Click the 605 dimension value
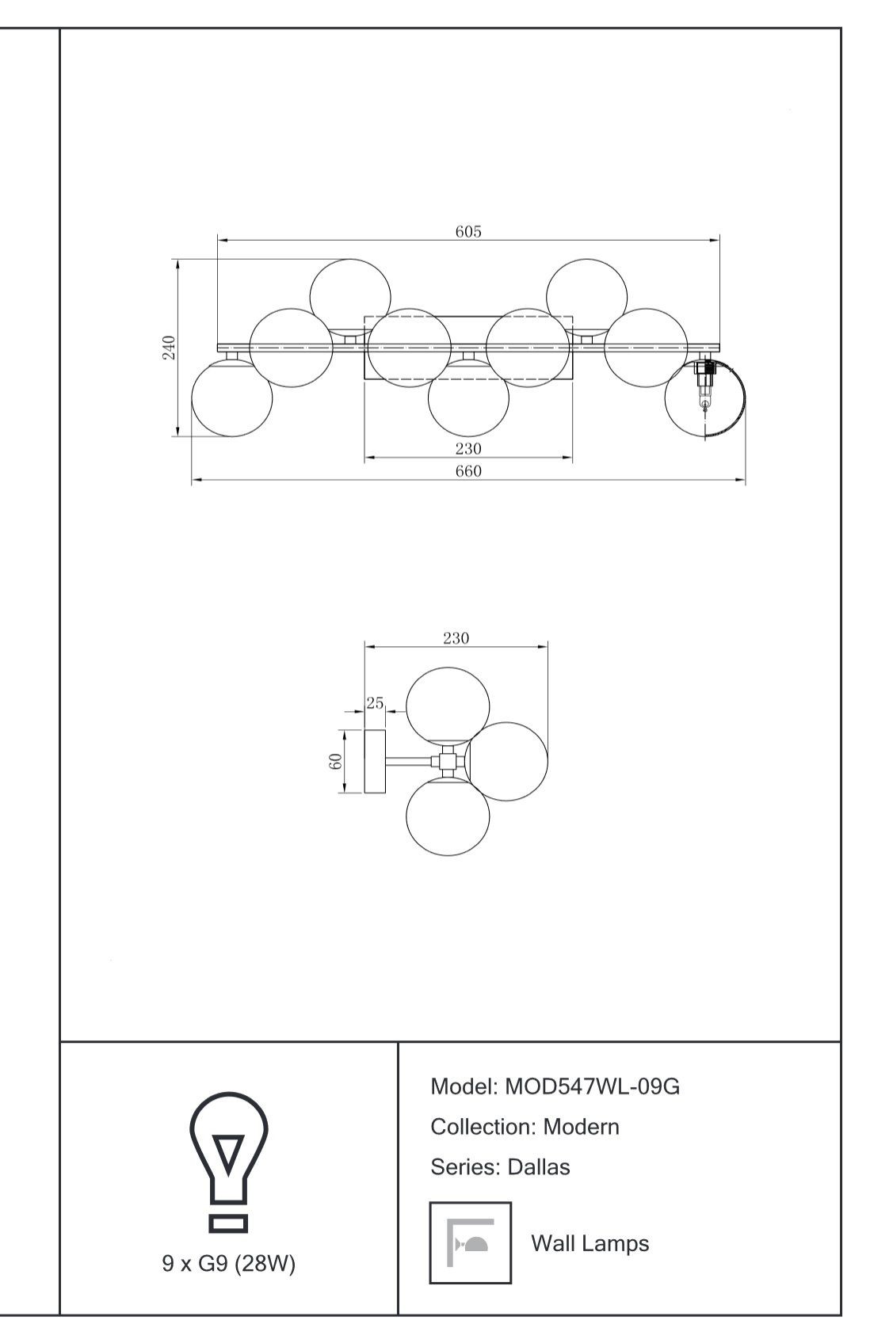point(467,231)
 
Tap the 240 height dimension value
point(169,347)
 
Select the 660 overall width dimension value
point(467,471)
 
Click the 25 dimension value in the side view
point(375,703)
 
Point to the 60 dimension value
point(335,762)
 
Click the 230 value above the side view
point(456,638)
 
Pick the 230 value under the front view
point(467,449)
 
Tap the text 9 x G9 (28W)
point(229,1264)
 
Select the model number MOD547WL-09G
point(592,1086)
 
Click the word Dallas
point(539,1167)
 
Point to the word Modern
point(581,1128)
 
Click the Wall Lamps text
point(590,1243)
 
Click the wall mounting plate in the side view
point(375,762)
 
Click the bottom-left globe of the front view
point(232,398)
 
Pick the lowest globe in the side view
point(448,816)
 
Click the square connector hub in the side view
point(448,762)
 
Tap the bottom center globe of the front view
point(468,398)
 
